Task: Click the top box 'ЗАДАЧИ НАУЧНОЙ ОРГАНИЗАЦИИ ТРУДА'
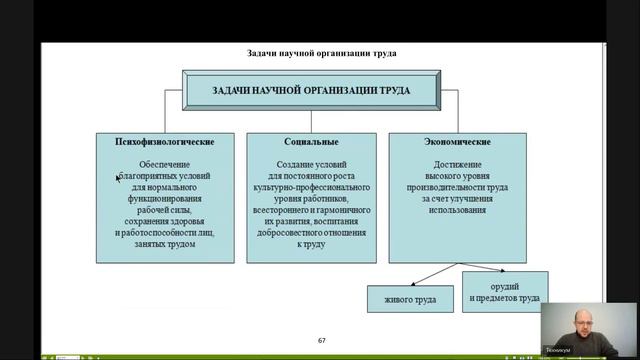(311, 90)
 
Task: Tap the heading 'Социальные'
(310, 143)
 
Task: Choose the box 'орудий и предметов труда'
(505, 291)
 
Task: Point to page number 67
(322, 341)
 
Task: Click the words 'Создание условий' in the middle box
(310, 164)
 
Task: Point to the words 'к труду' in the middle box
(310, 244)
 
